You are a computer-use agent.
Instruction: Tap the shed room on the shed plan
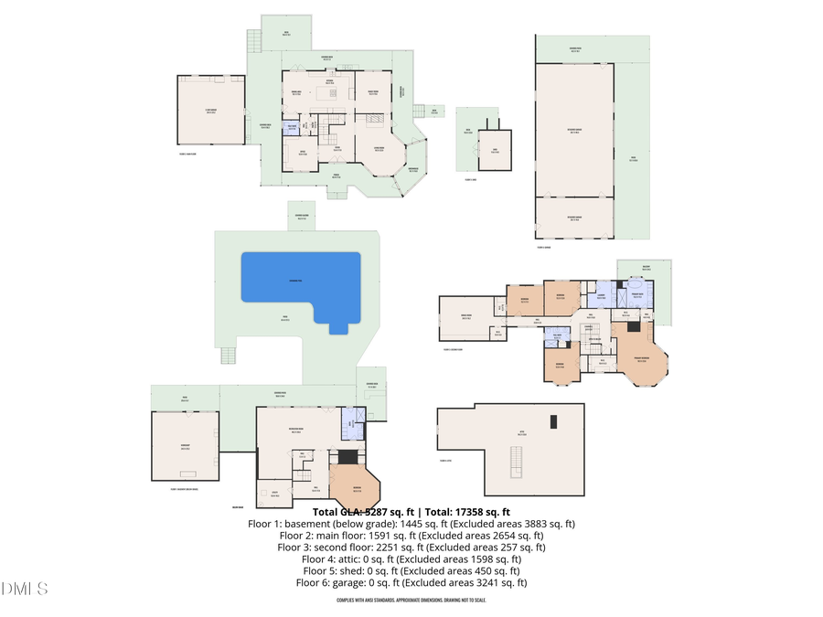click(x=495, y=150)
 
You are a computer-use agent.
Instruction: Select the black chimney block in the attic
click(x=552, y=421)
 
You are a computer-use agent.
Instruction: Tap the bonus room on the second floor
click(x=466, y=319)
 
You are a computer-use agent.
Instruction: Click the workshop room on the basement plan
click(x=186, y=446)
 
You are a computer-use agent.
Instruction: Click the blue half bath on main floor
click(x=291, y=128)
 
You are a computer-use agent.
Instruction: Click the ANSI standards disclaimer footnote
click(x=411, y=601)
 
